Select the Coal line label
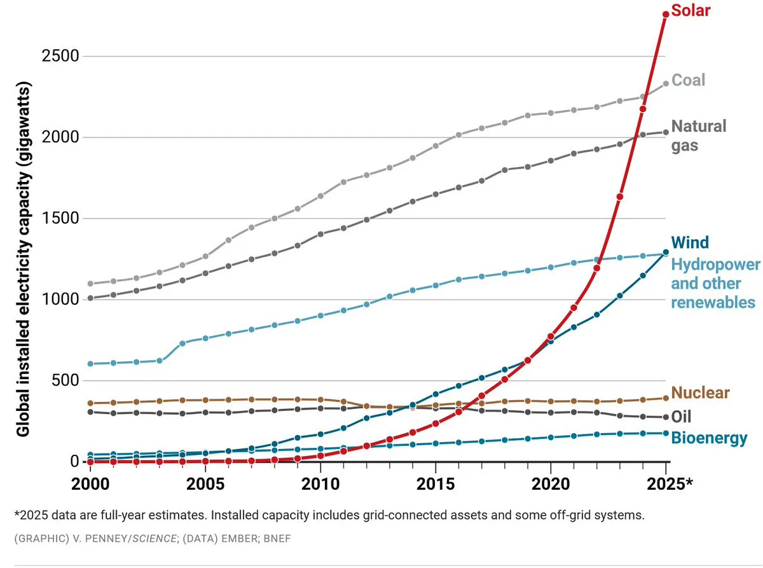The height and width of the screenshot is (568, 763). click(689, 80)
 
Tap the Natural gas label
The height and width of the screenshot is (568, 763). click(699, 135)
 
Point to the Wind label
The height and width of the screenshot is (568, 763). click(690, 242)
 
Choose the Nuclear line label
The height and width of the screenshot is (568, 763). click(700, 392)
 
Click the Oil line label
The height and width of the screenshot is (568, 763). click(681, 417)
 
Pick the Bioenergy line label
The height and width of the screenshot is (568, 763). click(709, 438)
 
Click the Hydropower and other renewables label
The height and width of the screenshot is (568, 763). click(715, 283)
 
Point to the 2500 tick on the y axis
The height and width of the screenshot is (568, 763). click(60, 57)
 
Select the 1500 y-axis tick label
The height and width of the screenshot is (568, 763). click(60, 219)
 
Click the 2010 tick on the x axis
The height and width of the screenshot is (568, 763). click(320, 483)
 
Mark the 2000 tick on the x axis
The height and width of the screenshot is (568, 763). click(90, 483)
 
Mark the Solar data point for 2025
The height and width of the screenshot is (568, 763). click(666, 14)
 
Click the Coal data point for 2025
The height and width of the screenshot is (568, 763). click(666, 83)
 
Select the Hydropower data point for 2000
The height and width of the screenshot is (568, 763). click(90, 364)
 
